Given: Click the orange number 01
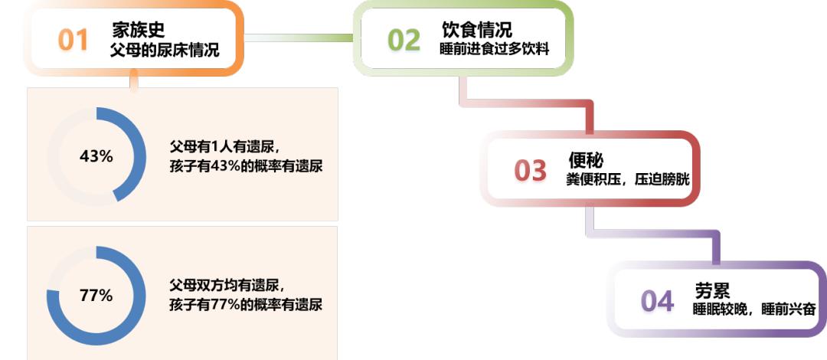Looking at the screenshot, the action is coord(74,40).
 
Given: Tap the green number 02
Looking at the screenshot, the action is coord(404,40).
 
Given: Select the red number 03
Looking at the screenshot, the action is coord(530,171).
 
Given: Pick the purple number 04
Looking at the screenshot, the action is coord(657,301).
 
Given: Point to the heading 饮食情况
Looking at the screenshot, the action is coord(476,30).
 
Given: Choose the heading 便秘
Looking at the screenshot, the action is coord(586,161).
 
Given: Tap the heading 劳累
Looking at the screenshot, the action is coord(712,291).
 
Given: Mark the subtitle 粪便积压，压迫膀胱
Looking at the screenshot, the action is coord(633,181).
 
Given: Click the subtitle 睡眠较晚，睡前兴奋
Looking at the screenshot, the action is coord(754,310).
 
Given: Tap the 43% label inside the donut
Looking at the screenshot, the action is coord(96,156).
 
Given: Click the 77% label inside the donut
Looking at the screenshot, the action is coord(96,295).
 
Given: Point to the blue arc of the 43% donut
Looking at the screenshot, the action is coord(136,156).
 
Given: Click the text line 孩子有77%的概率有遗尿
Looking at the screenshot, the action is coord(246,304).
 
